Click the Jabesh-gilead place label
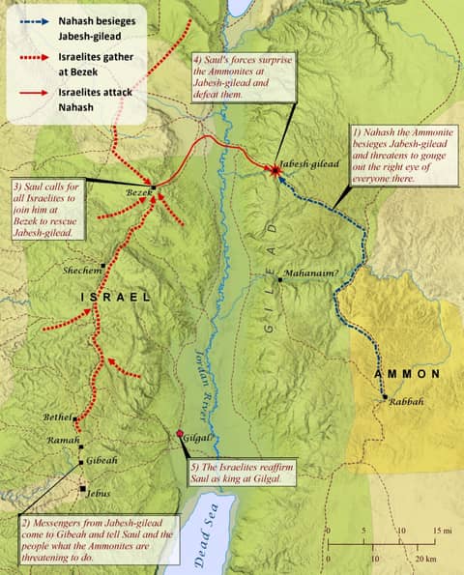click(x=308, y=165)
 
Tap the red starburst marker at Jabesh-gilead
click(x=276, y=170)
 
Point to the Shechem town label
click(x=81, y=271)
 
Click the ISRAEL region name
click(x=114, y=299)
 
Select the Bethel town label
click(x=58, y=417)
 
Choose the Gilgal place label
click(x=197, y=438)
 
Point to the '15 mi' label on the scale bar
click(x=444, y=532)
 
